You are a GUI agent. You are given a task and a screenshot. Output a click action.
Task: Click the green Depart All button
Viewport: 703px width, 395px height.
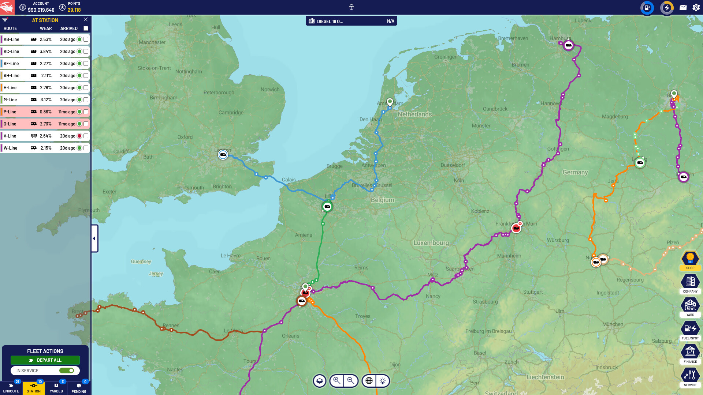[x=45, y=360]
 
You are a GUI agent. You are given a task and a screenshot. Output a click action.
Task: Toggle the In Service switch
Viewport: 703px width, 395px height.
[x=67, y=370]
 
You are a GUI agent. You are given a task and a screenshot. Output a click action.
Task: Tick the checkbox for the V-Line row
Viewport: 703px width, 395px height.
[x=86, y=136]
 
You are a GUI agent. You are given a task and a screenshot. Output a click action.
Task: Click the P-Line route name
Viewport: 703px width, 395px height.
[x=10, y=112]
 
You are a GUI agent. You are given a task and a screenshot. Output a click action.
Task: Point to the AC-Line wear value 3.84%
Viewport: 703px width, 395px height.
[x=45, y=52]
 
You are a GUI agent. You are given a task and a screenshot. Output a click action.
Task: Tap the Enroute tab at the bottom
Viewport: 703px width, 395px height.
[x=11, y=388]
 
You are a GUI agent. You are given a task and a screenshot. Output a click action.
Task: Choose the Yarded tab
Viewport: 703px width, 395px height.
[x=56, y=388]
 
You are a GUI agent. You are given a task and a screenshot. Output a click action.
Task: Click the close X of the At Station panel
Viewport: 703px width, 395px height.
[x=86, y=20]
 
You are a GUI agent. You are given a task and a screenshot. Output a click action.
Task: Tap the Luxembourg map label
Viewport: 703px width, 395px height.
[x=431, y=243]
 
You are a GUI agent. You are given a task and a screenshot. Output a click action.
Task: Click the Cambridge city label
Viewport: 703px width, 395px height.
[x=231, y=113]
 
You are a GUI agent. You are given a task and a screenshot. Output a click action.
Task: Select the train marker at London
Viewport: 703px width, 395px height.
[x=223, y=155]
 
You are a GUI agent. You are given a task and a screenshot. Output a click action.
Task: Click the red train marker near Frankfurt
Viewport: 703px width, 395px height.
[x=516, y=229]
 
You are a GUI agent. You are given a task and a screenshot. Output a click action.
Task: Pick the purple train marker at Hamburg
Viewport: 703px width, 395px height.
[x=568, y=45]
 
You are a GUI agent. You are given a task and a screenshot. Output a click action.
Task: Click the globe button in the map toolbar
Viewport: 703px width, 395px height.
[x=369, y=381]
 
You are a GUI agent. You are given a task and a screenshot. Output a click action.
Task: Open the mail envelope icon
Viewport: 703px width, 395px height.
[x=683, y=7]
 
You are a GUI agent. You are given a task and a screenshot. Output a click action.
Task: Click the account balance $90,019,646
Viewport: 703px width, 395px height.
[x=41, y=10]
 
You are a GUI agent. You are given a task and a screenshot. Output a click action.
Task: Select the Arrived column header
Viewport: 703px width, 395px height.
[x=69, y=29]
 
